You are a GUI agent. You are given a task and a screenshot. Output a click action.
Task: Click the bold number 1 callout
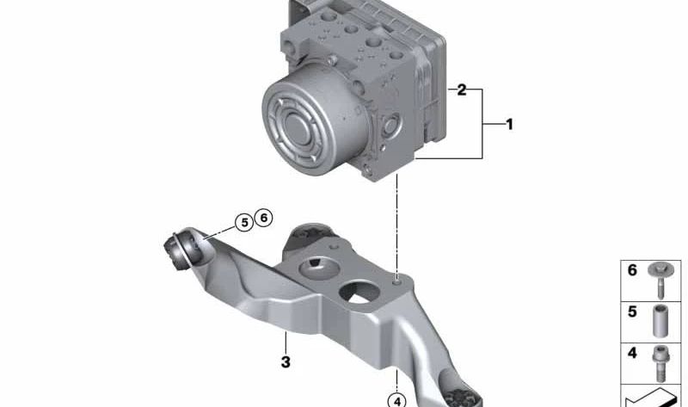(509, 124)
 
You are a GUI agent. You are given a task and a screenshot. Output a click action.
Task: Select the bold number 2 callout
(462, 90)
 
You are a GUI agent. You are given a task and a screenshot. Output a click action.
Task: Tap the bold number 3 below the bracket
(286, 361)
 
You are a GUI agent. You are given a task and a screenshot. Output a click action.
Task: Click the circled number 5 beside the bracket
(244, 223)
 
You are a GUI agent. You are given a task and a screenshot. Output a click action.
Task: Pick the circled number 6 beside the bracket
(264, 218)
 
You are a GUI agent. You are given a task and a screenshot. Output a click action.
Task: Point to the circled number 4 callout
(397, 400)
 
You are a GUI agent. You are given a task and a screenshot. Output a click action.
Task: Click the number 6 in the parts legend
(632, 270)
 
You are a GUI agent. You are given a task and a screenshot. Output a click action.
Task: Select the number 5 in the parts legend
(632, 311)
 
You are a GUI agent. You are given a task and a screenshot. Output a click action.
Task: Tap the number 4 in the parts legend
(632, 353)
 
